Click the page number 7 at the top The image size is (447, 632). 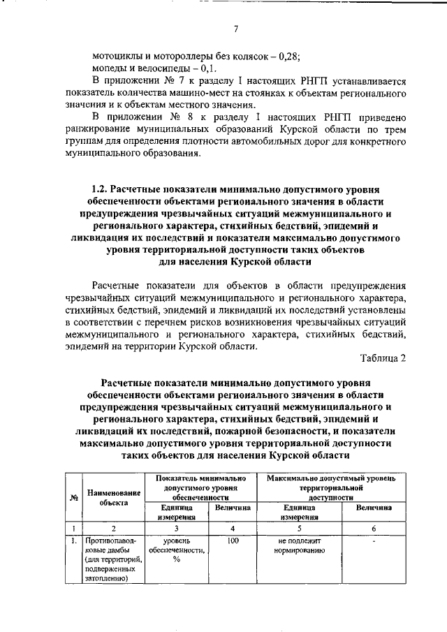pyautogui.click(x=236, y=29)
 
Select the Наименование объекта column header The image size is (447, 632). pyautogui.click(x=113, y=497)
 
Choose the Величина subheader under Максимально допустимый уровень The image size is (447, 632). pyautogui.click(x=374, y=508)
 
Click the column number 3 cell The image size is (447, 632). pyautogui.click(x=176, y=529)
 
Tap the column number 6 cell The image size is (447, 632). pyautogui.click(x=374, y=529)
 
